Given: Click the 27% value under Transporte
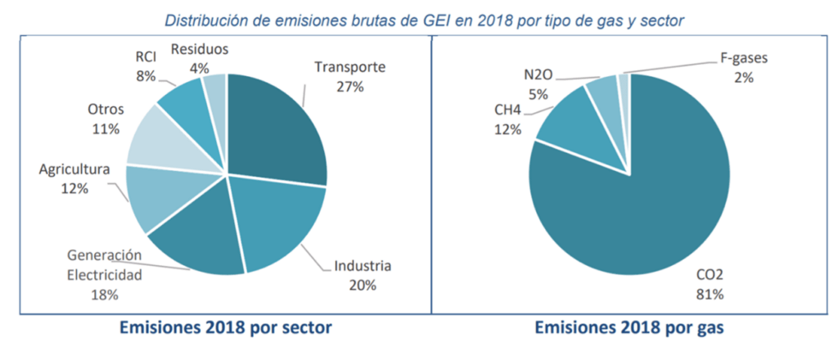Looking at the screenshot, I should (349, 86).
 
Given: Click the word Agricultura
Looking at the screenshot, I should (74, 170).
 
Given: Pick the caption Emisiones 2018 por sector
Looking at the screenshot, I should (225, 328).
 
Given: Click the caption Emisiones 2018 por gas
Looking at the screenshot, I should (629, 328).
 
